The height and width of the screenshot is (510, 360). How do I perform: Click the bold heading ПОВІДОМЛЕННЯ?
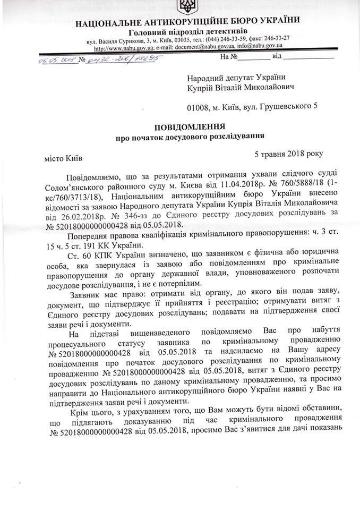click(191, 127)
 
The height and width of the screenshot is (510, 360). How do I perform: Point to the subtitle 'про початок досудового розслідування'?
click(191, 138)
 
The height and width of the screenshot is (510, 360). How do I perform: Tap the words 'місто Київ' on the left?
click(63, 158)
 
